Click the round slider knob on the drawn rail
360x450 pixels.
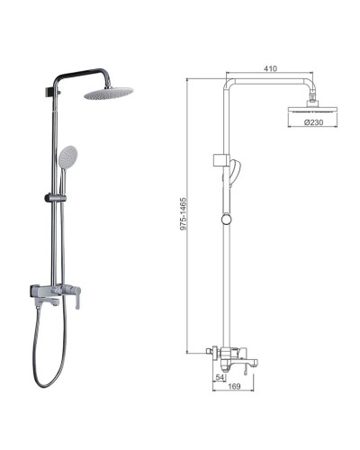[x=222, y=217]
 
